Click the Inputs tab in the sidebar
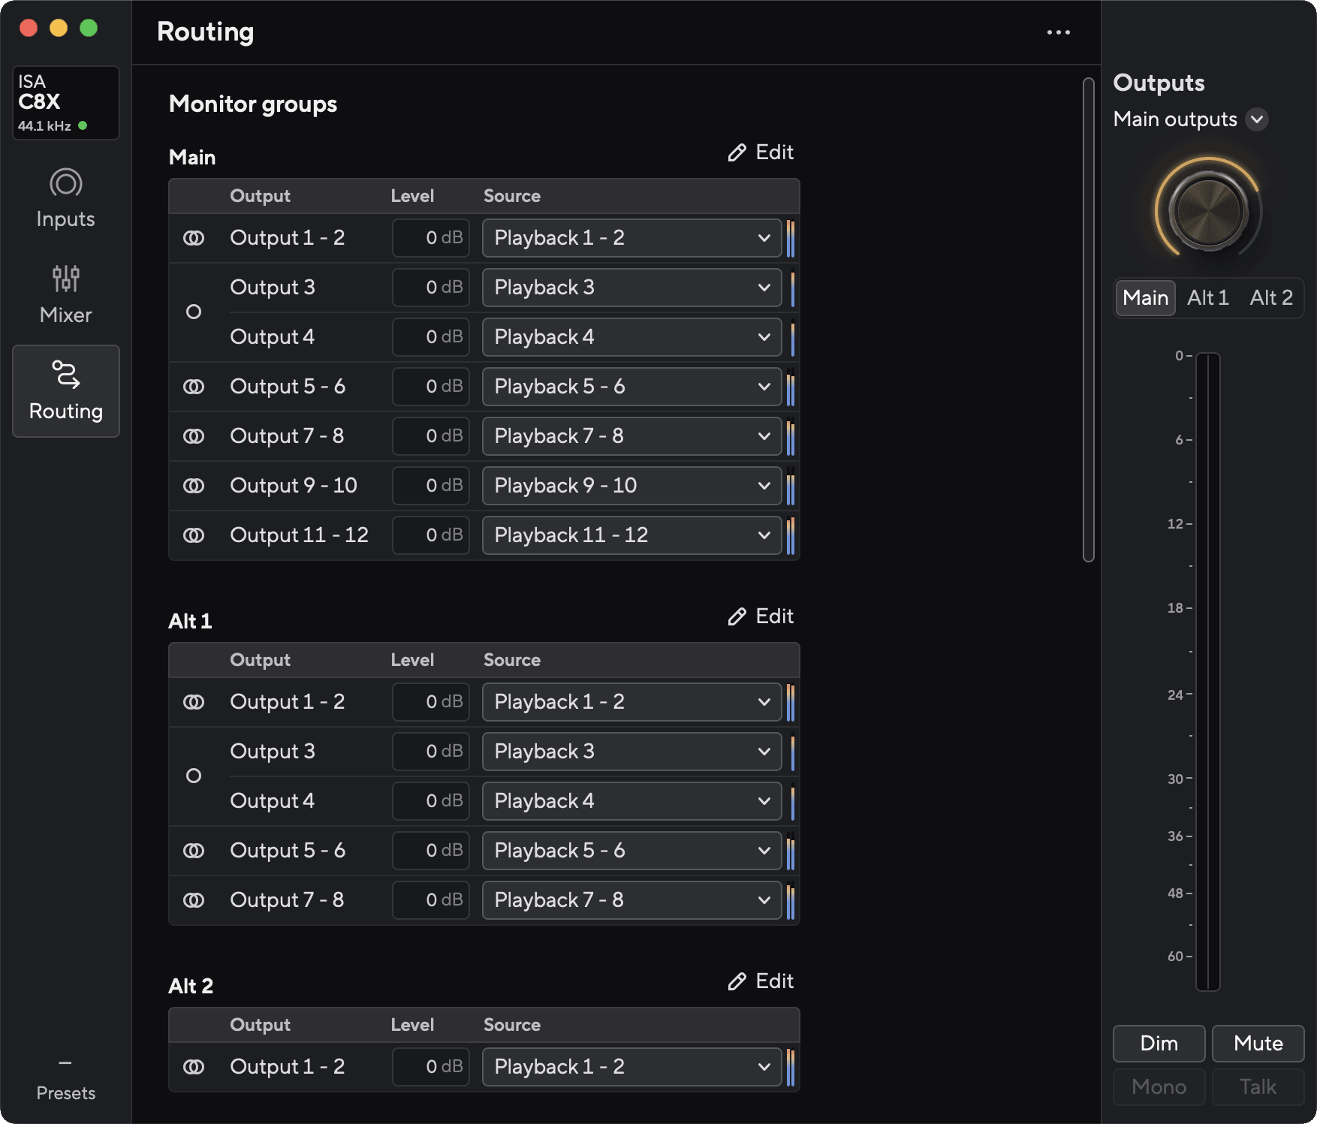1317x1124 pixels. (66, 199)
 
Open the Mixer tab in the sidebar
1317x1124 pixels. (66, 295)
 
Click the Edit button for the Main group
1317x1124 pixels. (761, 152)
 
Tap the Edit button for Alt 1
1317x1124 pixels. (761, 616)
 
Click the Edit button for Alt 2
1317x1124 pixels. (761, 981)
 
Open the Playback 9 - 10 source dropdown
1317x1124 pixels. (631, 486)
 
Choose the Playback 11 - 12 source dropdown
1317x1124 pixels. (631, 535)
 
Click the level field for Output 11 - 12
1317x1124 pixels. (431, 535)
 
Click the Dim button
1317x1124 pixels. (1159, 1043)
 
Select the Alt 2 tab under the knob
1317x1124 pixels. (1271, 298)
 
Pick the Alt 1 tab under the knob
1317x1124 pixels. (1208, 298)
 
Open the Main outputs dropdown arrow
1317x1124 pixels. (1257, 119)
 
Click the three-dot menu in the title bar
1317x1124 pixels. (1059, 32)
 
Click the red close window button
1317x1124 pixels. (29, 28)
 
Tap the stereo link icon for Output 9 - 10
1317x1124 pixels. (194, 486)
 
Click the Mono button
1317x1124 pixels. (1159, 1086)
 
